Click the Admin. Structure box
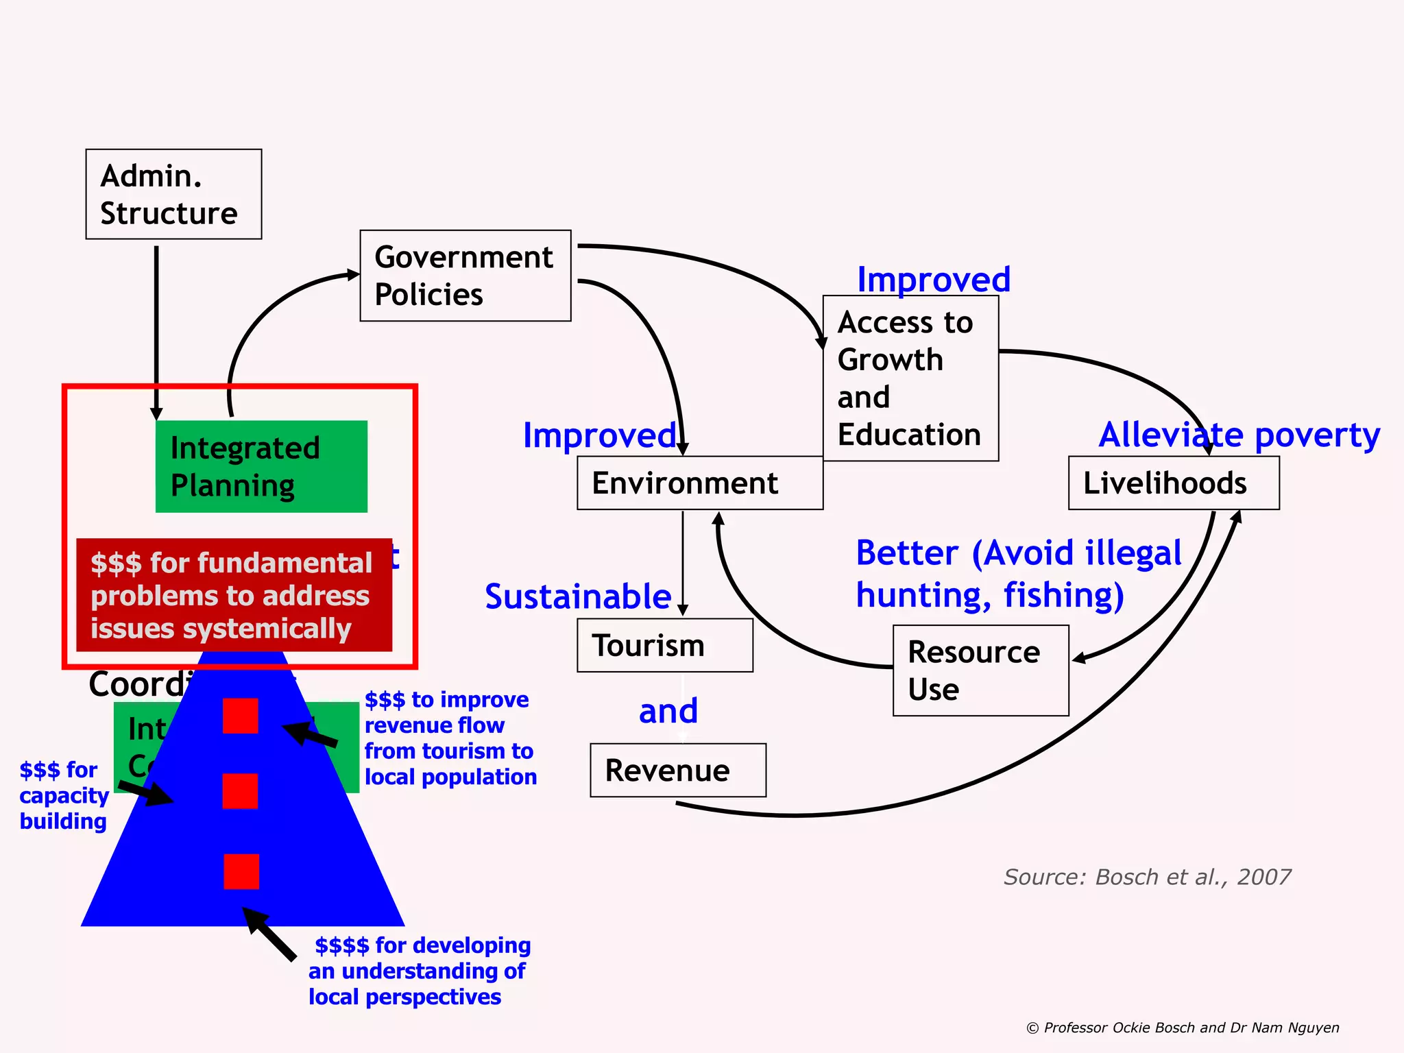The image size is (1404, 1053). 173,194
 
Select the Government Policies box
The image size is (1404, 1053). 465,276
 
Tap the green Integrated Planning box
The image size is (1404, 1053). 261,466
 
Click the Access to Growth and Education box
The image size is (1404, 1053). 910,378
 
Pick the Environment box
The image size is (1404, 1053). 699,483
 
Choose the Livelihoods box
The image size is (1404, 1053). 1174,483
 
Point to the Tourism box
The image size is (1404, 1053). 664,646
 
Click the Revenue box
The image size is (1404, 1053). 677,771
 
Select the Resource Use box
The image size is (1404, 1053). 980,670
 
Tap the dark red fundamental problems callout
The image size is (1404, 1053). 234,595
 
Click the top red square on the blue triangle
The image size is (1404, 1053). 241,716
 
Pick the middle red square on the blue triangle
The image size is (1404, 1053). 241,791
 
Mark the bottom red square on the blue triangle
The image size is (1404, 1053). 241,871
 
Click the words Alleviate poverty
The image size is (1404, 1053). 1239,435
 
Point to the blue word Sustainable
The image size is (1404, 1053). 578,596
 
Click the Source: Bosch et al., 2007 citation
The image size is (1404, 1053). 1147,877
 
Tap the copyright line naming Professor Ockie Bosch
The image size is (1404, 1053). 1183,1028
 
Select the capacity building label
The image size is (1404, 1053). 64,795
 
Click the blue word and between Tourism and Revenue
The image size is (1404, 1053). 668,711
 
